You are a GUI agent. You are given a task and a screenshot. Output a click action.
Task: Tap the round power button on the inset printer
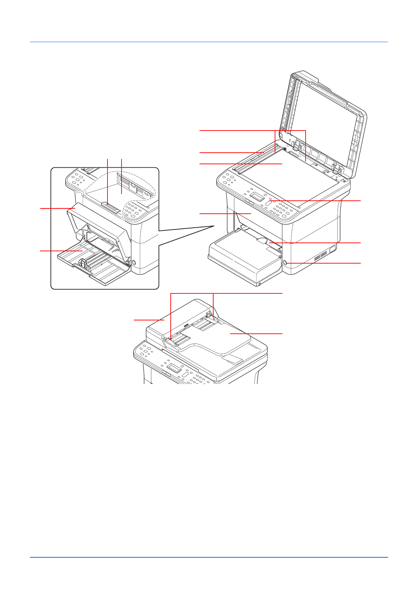133,262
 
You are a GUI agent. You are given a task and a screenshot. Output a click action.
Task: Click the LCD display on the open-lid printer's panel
257,196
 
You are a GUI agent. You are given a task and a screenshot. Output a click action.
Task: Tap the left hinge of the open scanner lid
296,145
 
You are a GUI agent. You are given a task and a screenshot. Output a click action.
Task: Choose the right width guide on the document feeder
213,319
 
